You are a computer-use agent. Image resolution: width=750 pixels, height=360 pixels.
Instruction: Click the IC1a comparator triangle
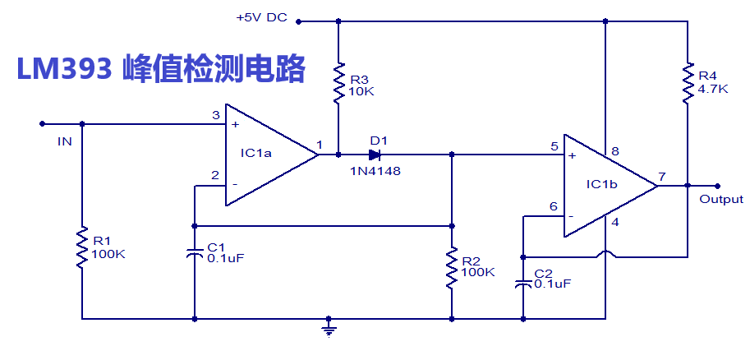click(x=263, y=154)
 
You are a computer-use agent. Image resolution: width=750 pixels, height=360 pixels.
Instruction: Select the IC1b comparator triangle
click(x=604, y=186)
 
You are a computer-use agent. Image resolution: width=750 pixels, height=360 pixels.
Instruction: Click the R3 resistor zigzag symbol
click(x=337, y=85)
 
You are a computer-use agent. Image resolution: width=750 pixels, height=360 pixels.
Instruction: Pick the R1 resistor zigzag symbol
click(x=82, y=248)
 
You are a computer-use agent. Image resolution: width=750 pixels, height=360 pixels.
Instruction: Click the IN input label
click(x=65, y=141)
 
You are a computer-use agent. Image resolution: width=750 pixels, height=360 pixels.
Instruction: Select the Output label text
click(x=720, y=200)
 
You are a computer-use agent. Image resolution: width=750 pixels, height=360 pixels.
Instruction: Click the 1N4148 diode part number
click(x=375, y=171)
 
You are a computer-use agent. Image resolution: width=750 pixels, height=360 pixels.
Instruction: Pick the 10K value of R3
click(x=361, y=91)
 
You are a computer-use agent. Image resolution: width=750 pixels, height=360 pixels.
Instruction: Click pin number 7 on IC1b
click(x=661, y=176)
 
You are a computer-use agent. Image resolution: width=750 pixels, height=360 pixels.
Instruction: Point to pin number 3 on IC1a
click(x=215, y=115)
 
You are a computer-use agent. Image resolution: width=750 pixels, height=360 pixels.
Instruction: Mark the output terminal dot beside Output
click(x=717, y=186)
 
